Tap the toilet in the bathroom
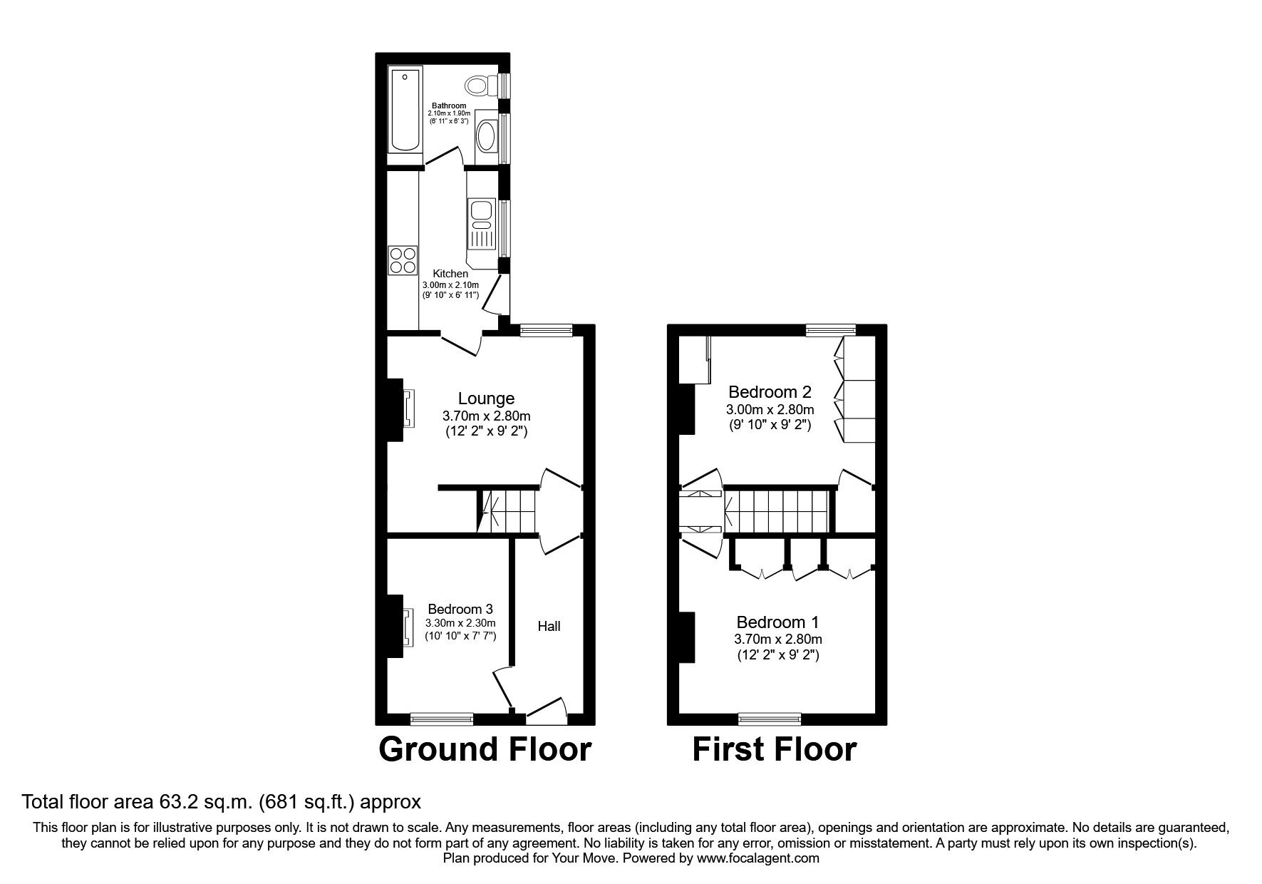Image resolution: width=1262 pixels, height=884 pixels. pos(480,86)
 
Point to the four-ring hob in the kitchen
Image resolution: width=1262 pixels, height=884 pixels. pos(403,260)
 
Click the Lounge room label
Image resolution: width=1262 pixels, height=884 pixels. pos(486,399)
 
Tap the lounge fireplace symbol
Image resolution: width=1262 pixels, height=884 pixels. pos(409,408)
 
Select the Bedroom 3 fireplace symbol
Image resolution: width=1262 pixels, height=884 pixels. pos(408,627)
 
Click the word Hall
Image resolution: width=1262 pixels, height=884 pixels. pos(549,626)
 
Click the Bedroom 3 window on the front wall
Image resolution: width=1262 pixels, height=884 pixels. pos(442,719)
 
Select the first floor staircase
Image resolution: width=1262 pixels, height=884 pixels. pos(780,510)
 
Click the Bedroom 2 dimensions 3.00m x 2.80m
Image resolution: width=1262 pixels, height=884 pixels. pos(770,409)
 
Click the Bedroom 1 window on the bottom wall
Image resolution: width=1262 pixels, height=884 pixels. pos(769,719)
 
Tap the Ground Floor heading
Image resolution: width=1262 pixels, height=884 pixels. pos(485,749)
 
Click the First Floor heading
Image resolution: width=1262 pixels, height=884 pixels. pos(775,749)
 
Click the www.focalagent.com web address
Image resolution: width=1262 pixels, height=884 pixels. pos(757,858)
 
